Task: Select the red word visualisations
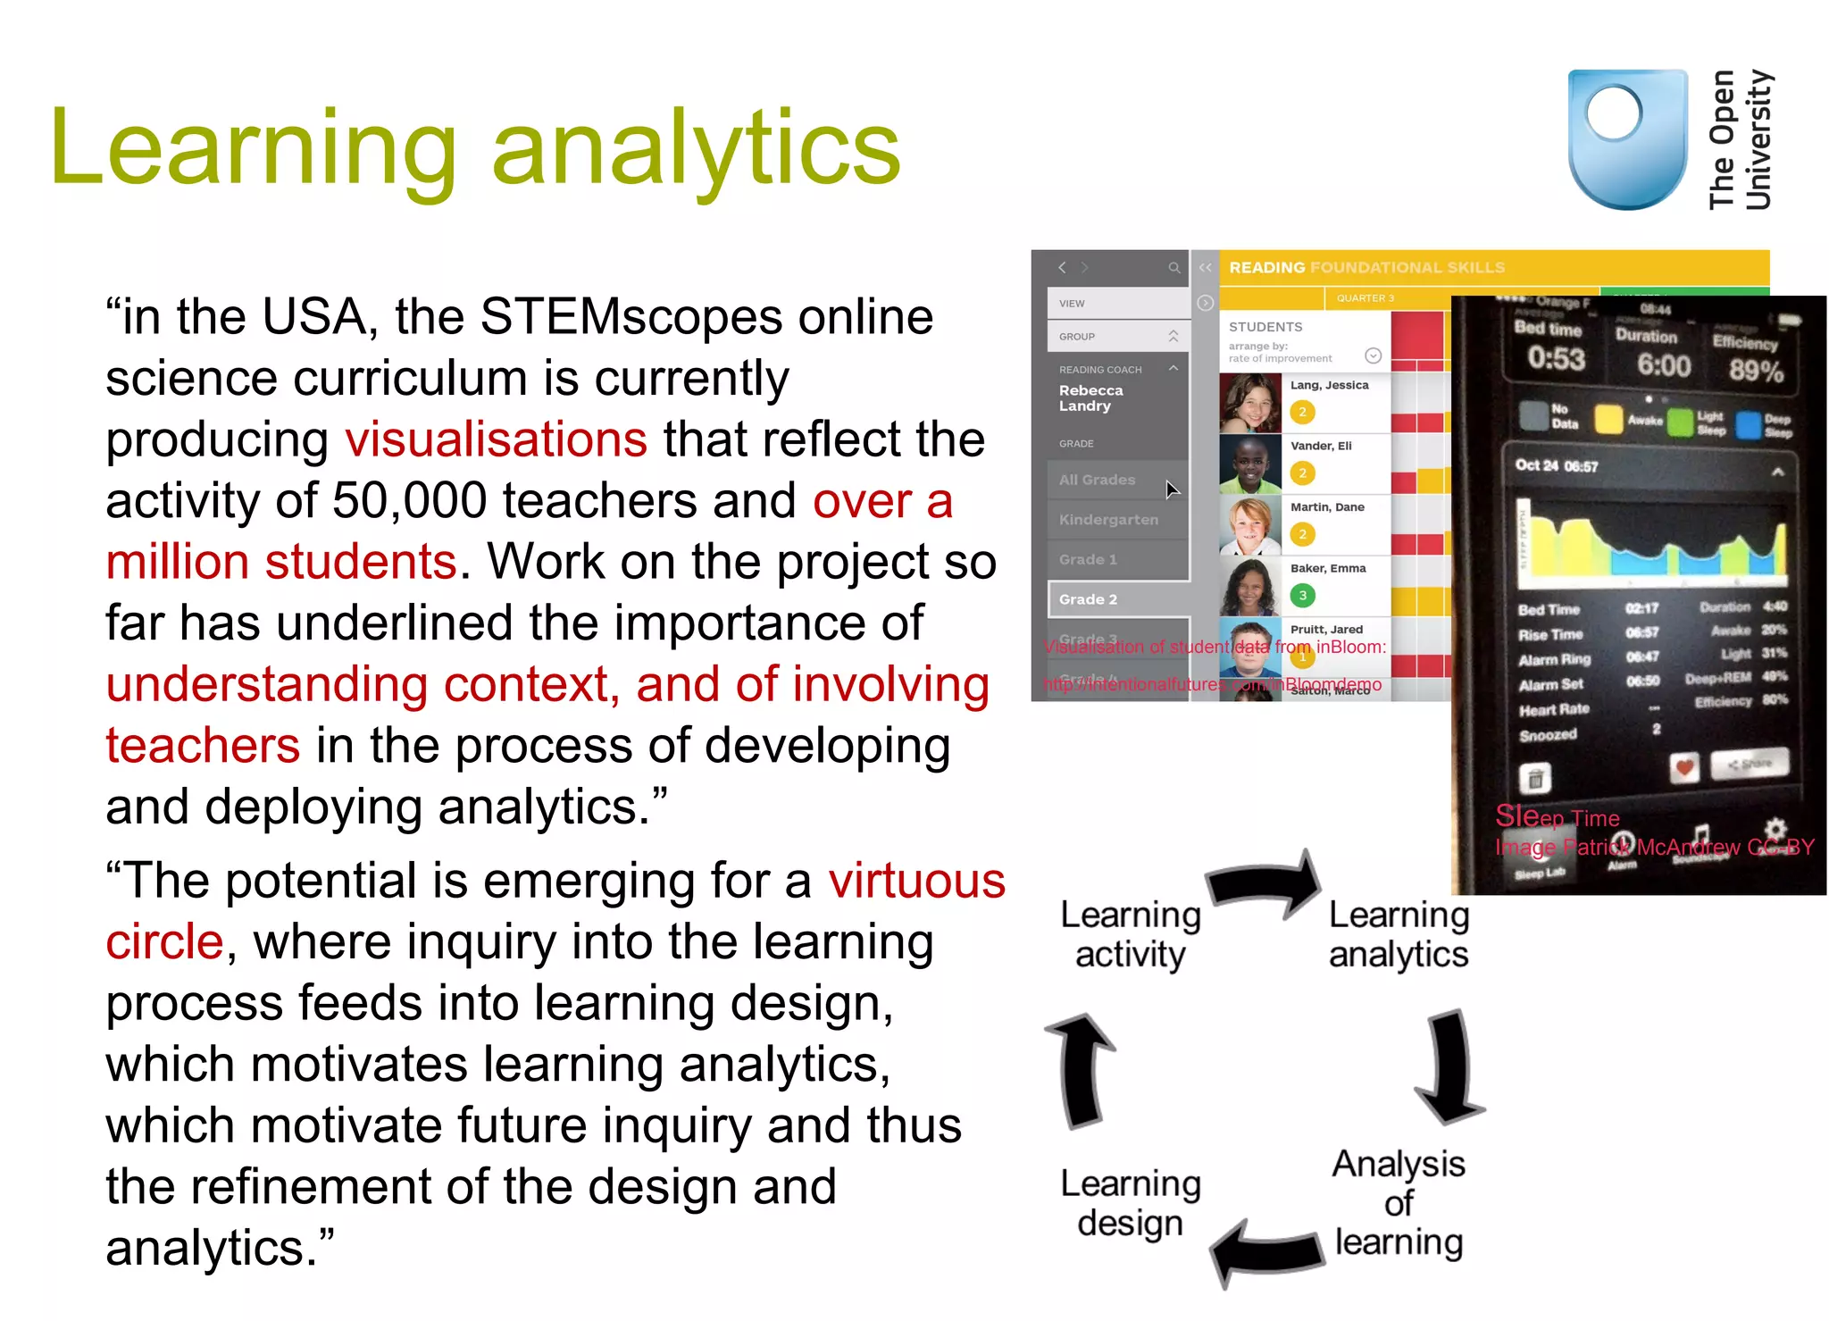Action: (496, 439)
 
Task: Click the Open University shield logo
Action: (1627, 139)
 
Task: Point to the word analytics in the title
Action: (696, 148)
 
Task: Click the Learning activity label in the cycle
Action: (1130, 934)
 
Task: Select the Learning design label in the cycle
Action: (1130, 1203)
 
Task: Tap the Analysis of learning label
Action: (1399, 1203)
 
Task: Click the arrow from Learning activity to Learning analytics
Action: (1265, 883)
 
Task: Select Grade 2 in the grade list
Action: (1089, 599)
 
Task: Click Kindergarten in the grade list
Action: (1108, 520)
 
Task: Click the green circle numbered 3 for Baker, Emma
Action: (1302, 596)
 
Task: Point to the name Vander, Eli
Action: (1321, 446)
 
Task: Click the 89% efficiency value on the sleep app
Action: (1755, 370)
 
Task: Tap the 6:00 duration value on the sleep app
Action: (1663, 365)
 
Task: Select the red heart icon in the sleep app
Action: (1684, 767)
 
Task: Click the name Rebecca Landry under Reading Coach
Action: (1090, 398)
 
